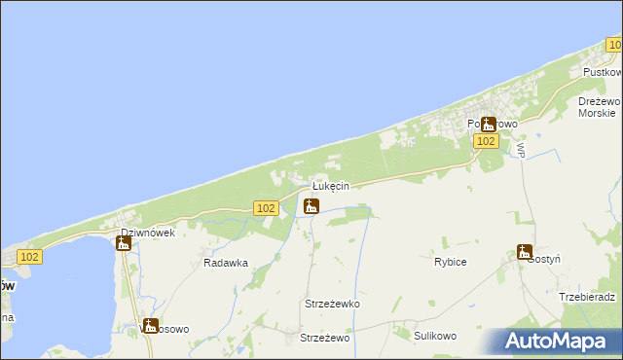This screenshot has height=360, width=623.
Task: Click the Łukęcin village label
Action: [x=330, y=186]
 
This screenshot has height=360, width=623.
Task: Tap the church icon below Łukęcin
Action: [x=311, y=205]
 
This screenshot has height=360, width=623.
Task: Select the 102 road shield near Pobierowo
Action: [x=488, y=141]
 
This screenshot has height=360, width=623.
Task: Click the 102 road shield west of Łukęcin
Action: [x=267, y=208]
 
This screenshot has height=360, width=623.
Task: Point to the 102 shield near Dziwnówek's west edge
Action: [x=29, y=257]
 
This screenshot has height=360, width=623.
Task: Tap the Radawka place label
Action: [x=226, y=263]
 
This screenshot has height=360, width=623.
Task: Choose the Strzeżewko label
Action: [x=332, y=304]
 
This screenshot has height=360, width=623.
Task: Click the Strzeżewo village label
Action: [x=325, y=338]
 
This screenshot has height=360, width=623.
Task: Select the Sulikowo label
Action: [x=435, y=336]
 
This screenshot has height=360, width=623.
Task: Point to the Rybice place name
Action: [x=450, y=262]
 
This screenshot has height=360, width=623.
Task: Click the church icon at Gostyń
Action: [x=525, y=252]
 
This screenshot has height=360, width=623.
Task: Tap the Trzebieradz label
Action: [x=588, y=297]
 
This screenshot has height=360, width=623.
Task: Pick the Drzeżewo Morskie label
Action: [x=598, y=107]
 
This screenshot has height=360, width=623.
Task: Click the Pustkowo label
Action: [x=602, y=73]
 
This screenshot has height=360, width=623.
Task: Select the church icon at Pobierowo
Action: [x=489, y=125]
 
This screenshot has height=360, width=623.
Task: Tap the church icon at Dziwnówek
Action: [x=123, y=243]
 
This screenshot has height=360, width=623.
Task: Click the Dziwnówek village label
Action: [x=147, y=234]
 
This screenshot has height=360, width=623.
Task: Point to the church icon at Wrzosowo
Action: [x=150, y=326]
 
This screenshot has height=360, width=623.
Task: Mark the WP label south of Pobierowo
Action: [x=521, y=151]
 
